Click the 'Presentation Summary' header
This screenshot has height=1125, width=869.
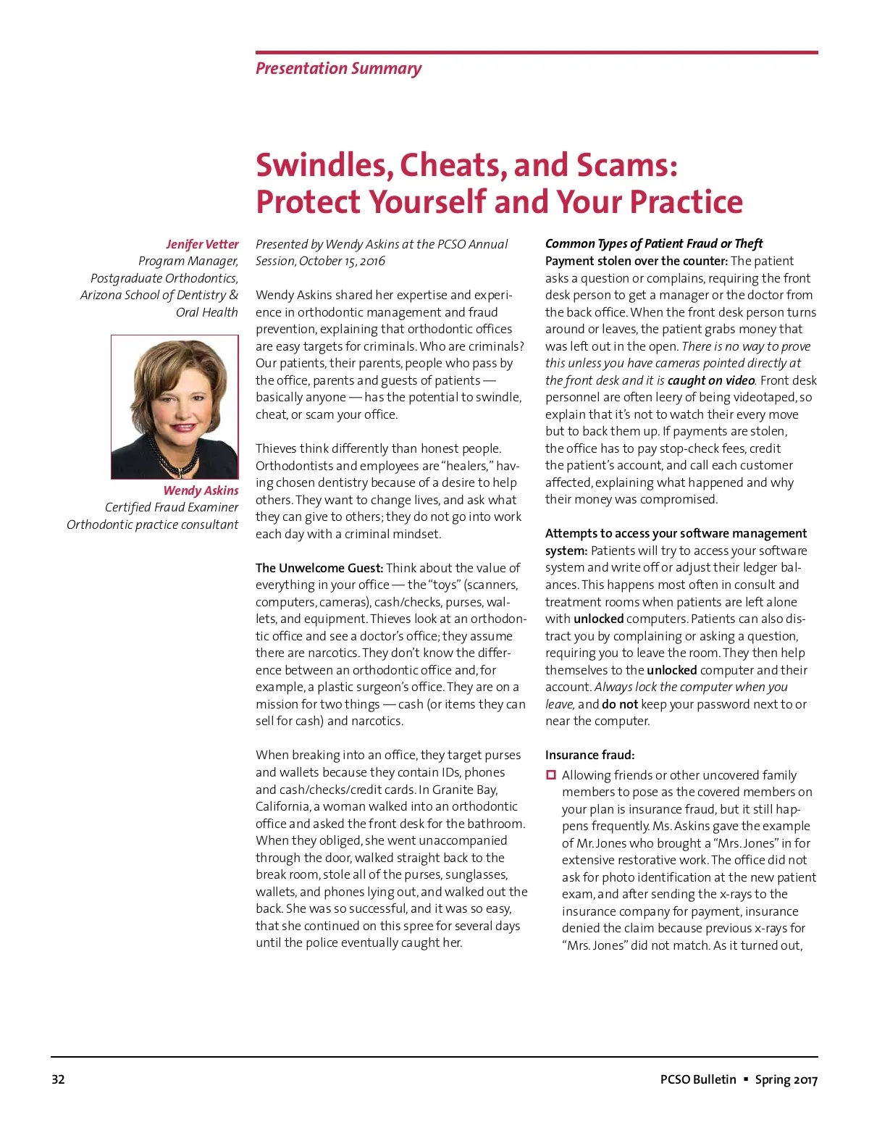tap(338, 69)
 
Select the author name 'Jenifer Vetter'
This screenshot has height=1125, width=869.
tap(201, 244)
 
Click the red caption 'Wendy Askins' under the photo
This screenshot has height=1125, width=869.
tap(201, 490)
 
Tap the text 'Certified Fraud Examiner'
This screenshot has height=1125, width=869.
tap(171, 507)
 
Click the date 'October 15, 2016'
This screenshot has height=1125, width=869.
tap(342, 261)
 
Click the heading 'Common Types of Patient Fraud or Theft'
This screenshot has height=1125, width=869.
tap(653, 243)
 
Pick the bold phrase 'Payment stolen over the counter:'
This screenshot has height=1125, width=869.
tap(636, 261)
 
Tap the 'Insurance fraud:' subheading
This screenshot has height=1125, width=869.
tap(589, 755)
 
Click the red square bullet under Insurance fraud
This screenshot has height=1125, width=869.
tap(550, 775)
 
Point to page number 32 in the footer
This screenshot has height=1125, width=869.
tap(58, 1079)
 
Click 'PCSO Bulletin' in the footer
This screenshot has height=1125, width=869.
tap(697, 1079)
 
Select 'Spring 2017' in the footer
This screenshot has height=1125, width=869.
tap(786, 1079)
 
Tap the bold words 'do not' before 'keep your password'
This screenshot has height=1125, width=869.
tap(619, 704)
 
